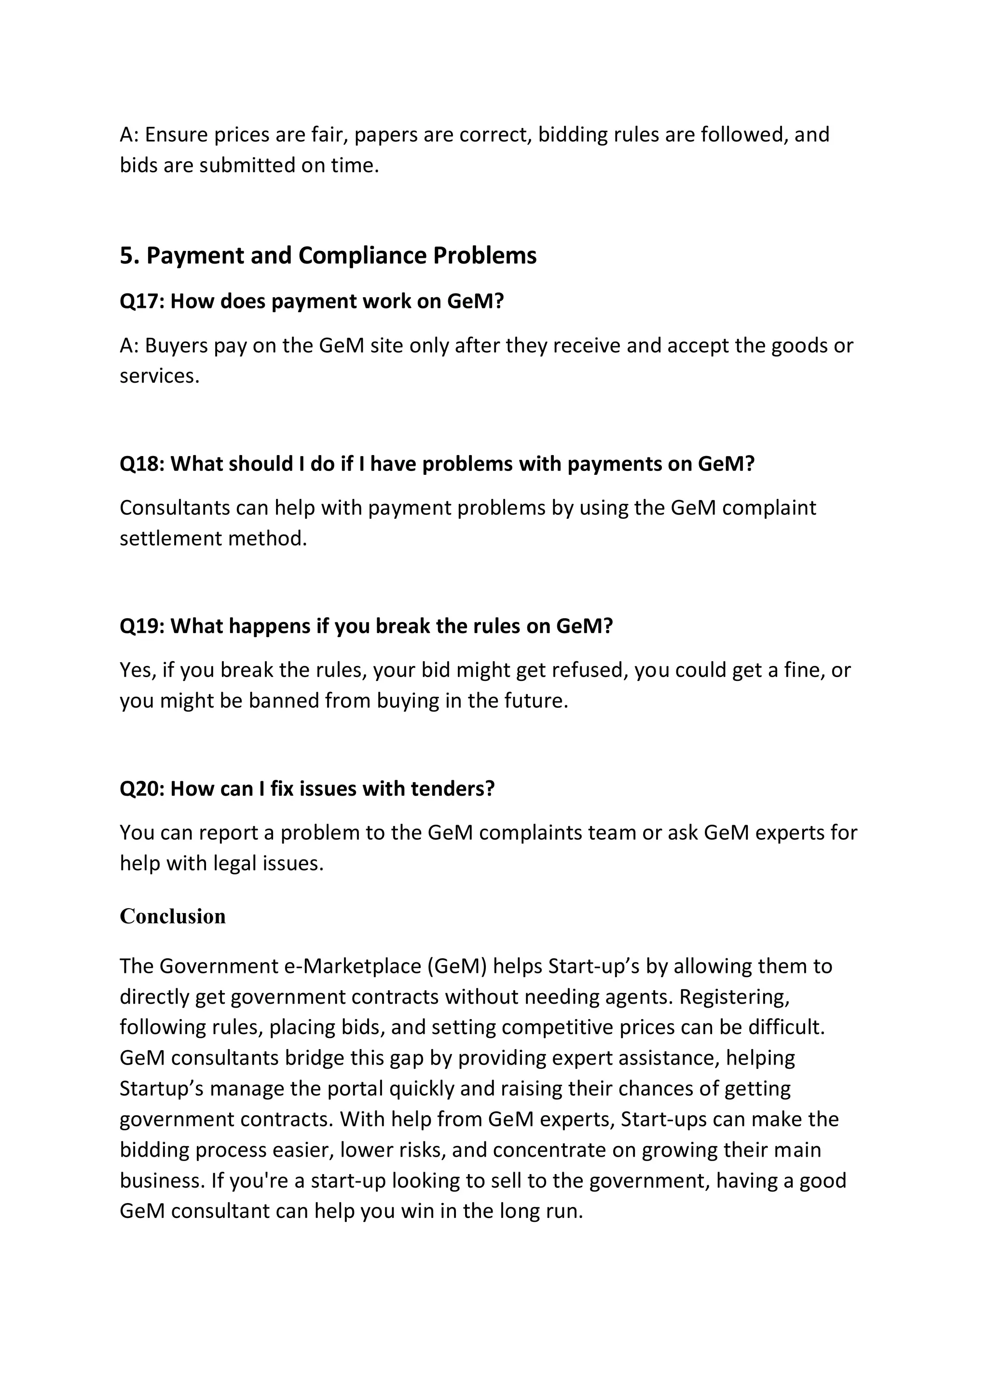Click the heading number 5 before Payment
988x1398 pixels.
click(x=126, y=256)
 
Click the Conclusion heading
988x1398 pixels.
click(x=172, y=916)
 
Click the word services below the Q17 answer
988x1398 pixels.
click(x=158, y=376)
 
